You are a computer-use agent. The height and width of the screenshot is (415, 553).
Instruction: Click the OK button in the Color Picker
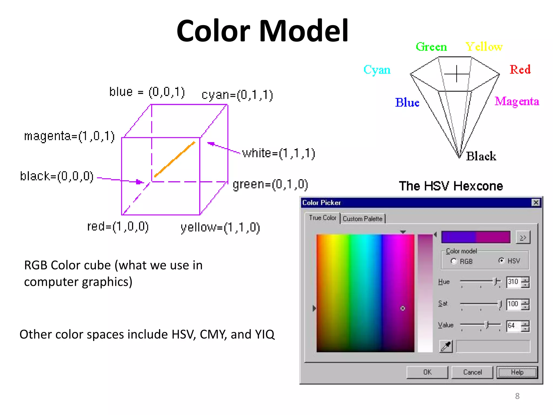427,372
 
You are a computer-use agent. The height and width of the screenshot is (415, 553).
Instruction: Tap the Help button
517,372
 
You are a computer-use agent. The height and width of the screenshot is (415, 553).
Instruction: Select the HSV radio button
501,260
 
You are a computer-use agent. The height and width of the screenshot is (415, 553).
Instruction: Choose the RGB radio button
454,261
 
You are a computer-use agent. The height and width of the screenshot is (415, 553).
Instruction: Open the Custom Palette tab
362,219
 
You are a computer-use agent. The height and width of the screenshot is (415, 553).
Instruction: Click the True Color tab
322,218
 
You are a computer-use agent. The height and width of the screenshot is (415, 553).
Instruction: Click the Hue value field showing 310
513,282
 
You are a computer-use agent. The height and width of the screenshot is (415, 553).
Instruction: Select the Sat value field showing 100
513,304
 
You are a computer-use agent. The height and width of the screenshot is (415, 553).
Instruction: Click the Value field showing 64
513,326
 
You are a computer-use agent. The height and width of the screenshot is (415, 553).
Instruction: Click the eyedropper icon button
446,346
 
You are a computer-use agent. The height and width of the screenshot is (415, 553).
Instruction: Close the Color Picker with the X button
536,202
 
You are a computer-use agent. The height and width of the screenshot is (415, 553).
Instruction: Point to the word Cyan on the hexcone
377,70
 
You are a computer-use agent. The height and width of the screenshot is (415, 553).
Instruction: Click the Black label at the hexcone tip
481,156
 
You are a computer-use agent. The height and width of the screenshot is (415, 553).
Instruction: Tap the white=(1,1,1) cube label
278,153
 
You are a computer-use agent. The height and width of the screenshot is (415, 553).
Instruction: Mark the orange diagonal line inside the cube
175,159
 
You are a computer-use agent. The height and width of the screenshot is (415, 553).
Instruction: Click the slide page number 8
517,396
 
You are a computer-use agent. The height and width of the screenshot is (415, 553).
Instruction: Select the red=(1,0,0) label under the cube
118,226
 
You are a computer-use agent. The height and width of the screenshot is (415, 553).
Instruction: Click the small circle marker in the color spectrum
403,308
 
